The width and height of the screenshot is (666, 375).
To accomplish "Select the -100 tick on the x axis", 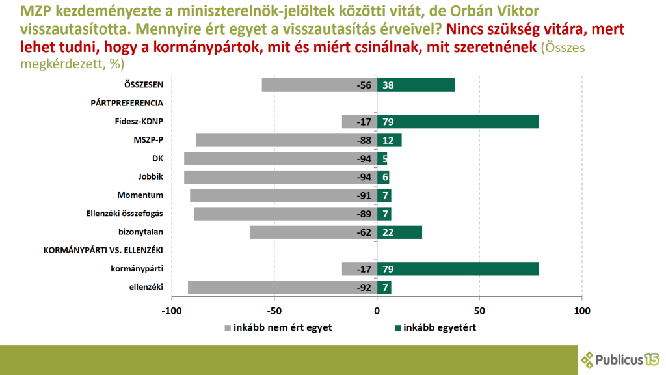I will click(172, 311).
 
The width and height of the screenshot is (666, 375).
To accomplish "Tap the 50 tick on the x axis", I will click(479, 311).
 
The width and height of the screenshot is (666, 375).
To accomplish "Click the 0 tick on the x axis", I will click(377, 311).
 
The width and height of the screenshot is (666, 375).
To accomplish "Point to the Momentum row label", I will click(140, 195).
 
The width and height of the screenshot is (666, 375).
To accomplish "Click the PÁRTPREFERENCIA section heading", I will click(127, 103).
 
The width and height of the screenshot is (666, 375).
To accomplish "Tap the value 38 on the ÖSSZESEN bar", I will click(388, 85).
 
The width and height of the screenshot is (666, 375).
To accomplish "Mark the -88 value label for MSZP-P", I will click(364, 141).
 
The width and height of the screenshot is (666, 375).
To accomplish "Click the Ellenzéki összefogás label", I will click(124, 214).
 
